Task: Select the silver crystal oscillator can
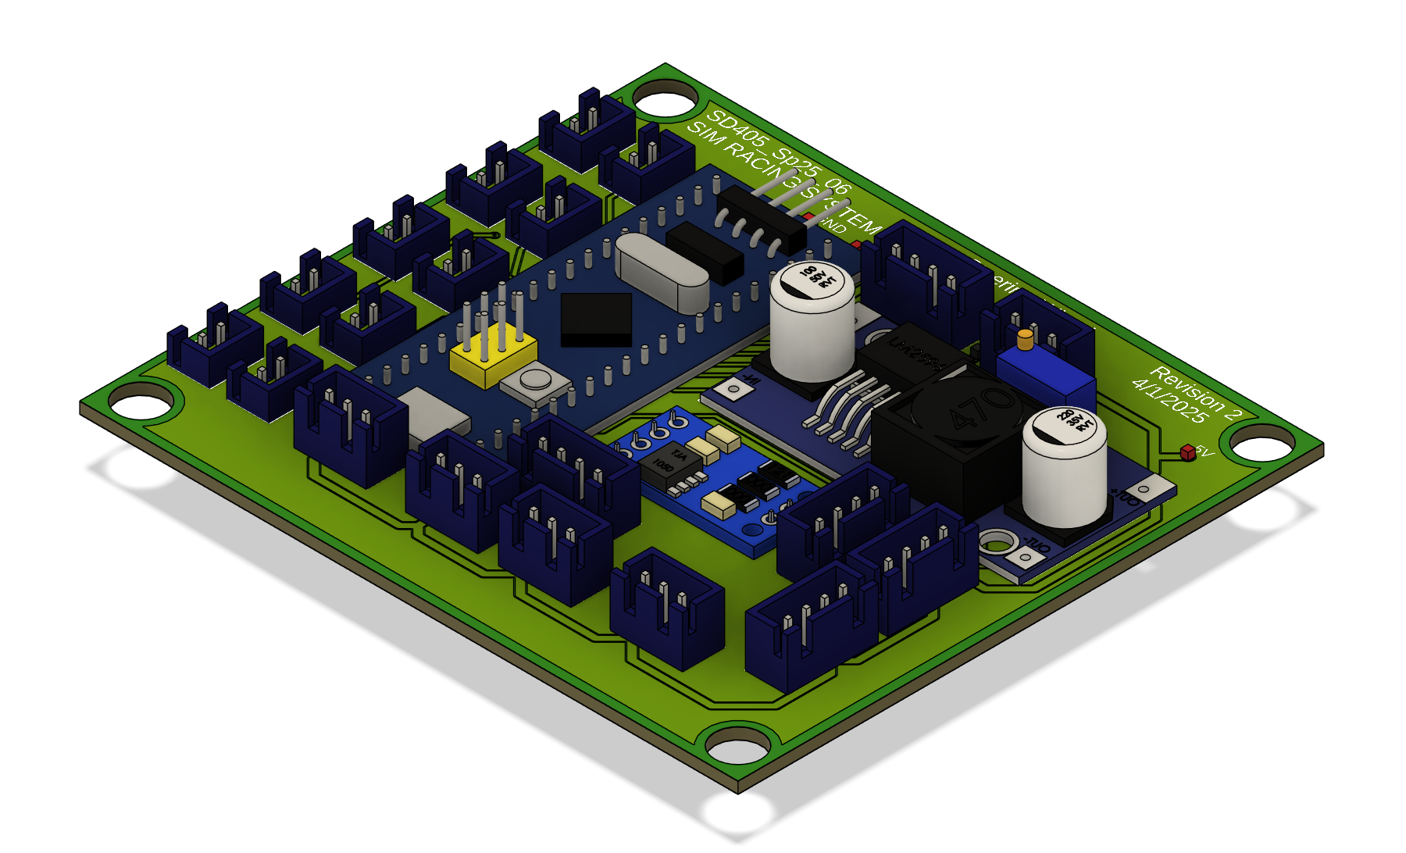(x=662, y=269)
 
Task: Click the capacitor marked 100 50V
(x=812, y=320)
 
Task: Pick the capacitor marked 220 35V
(x=1064, y=469)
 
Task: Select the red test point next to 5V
(x=1188, y=451)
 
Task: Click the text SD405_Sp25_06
(x=777, y=152)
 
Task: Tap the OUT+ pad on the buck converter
(x=1144, y=491)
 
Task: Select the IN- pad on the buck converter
(x=734, y=388)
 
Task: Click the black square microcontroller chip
(x=596, y=319)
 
